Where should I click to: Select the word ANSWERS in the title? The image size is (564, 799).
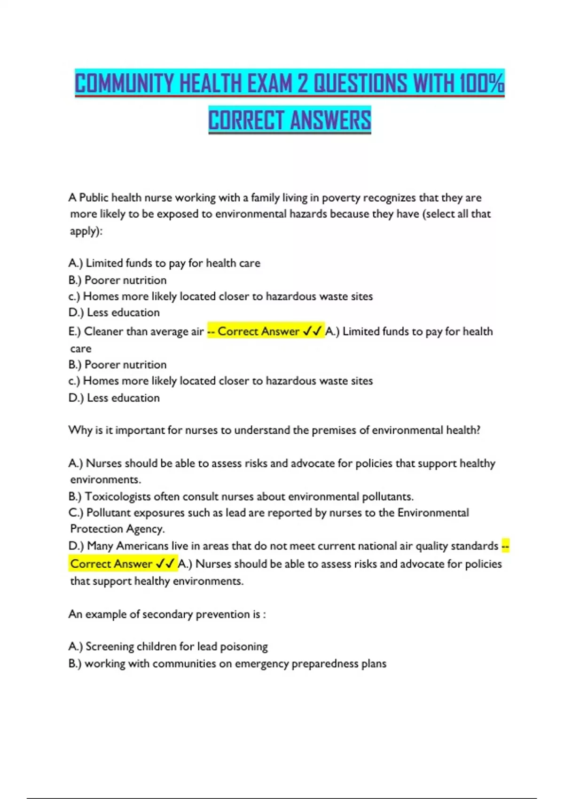(x=330, y=120)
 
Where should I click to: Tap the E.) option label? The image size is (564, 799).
(x=75, y=331)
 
